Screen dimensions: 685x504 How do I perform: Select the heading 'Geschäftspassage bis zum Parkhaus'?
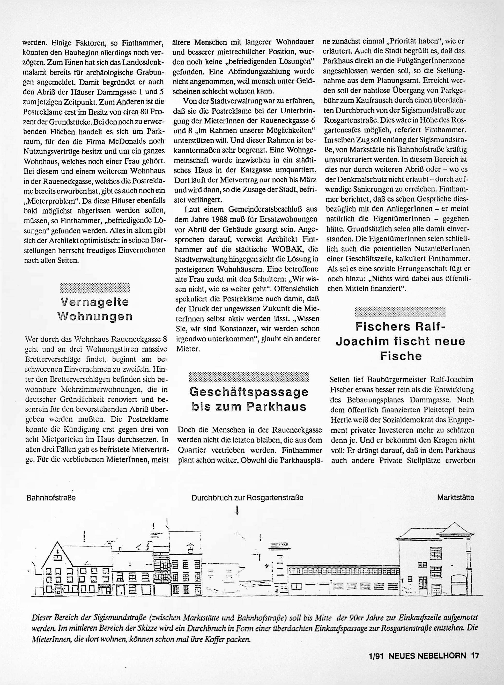249,399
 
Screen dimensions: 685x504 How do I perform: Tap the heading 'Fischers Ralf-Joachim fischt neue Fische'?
401,341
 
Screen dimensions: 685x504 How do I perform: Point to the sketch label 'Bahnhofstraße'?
51,498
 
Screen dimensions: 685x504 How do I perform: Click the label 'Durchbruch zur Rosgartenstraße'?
247,498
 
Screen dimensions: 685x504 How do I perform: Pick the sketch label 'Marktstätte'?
456,497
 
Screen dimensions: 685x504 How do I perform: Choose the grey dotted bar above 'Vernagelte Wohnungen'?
95,288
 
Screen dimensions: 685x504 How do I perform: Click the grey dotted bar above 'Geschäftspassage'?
249,377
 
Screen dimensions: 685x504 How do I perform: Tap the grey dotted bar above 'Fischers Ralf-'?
400,312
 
